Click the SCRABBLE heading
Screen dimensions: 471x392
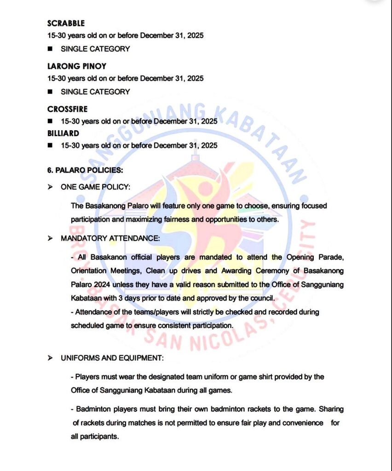66,23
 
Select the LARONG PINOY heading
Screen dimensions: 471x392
76,66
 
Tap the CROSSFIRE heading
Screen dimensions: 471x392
67,109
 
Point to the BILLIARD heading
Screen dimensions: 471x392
63,133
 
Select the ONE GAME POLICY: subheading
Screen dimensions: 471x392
95,187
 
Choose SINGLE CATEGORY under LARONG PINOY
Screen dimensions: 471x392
95,92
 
